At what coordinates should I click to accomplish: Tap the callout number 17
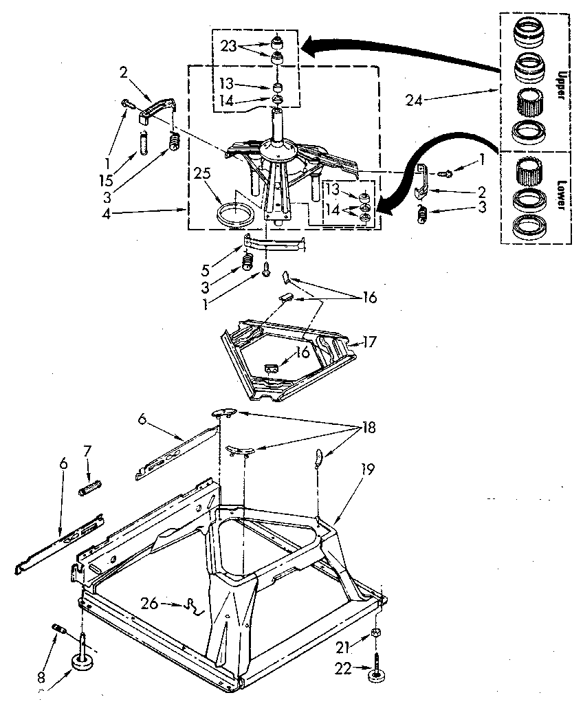pyautogui.click(x=372, y=340)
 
